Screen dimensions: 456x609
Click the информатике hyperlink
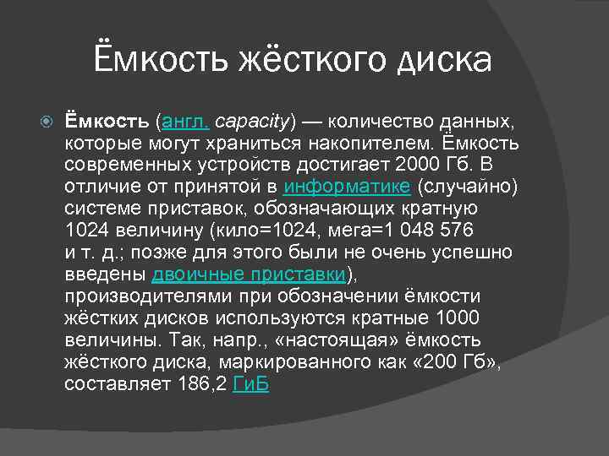click(348, 185)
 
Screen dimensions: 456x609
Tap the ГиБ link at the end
click(250, 383)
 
